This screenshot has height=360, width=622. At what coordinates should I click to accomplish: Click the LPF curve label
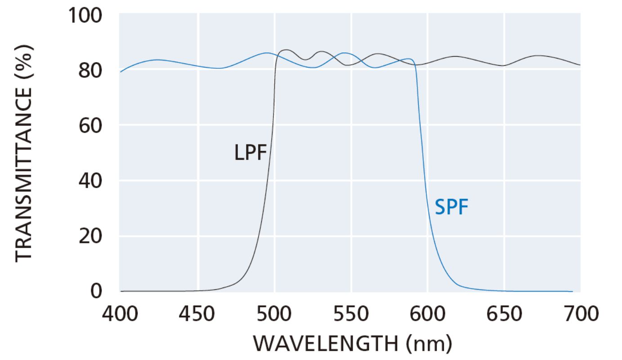click(250, 153)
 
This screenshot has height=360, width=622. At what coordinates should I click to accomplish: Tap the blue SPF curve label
click(451, 208)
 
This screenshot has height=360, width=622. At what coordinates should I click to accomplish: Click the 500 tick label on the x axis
click(274, 313)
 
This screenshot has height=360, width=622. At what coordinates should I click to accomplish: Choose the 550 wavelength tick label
click(351, 313)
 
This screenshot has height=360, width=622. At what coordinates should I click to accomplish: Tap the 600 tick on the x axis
click(428, 313)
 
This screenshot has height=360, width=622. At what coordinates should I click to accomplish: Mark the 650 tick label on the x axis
click(504, 313)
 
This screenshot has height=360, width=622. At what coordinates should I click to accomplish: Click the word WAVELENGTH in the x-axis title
click(325, 345)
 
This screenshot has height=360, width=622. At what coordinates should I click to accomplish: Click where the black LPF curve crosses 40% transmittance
click(268, 181)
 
